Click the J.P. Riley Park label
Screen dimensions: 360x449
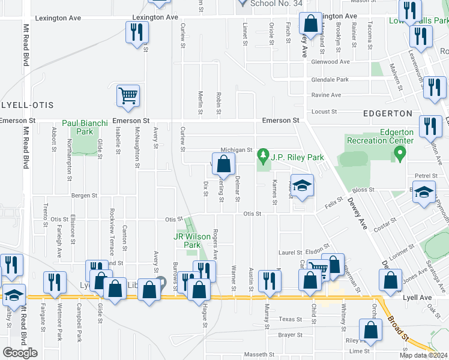tap(289, 157)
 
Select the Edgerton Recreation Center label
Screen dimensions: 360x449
tap(380, 136)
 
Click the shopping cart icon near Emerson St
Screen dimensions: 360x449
tap(128, 95)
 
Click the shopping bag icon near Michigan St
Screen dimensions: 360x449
tap(224, 164)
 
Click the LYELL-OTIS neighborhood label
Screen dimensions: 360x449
tap(19, 104)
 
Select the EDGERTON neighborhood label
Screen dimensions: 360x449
tap(388, 113)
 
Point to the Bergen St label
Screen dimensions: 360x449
tap(84, 196)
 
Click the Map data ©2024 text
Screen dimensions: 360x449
tap(424, 355)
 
